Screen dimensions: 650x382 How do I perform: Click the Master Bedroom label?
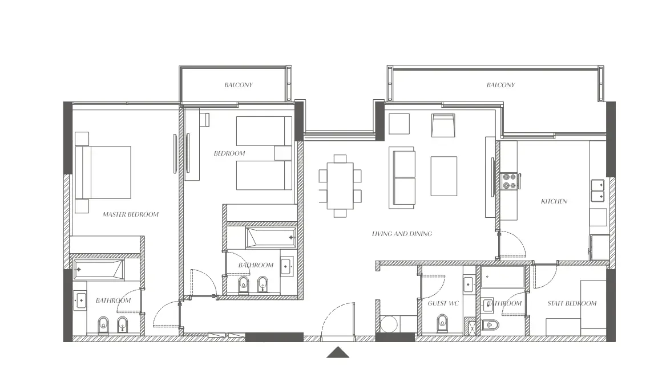131,214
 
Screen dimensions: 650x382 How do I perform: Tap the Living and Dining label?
402,234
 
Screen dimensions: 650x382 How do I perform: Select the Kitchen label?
554,201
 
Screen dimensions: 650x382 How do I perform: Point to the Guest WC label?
443,303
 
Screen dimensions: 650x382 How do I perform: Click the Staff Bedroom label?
572,303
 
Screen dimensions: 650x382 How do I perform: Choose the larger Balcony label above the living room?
500,85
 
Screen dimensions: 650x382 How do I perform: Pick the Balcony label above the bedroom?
239,85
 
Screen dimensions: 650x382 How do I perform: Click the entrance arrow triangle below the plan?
338,352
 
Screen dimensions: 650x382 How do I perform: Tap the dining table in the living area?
340,186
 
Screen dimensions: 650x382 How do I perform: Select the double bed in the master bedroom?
103,172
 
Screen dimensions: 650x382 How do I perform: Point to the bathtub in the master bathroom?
99,270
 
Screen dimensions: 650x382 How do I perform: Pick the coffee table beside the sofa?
443,176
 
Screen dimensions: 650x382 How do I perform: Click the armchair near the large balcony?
443,125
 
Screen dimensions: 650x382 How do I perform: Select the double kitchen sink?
597,190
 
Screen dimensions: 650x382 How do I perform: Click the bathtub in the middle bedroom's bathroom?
271,237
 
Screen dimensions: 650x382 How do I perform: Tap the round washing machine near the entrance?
389,324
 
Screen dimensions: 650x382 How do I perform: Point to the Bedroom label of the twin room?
229,153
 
